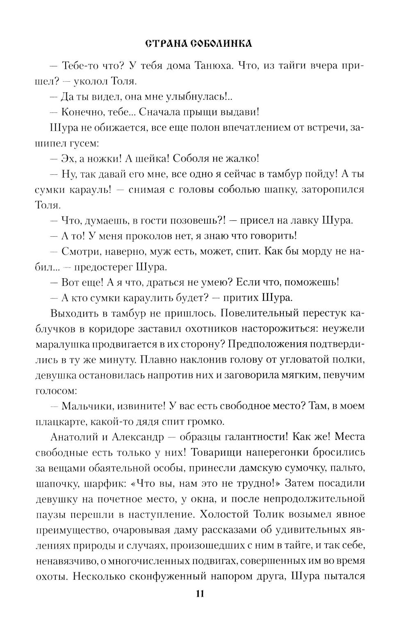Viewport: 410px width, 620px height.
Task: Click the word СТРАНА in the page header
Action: (x=163, y=43)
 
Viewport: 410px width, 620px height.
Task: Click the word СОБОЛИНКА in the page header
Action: (x=221, y=43)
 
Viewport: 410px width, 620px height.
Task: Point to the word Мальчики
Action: (x=86, y=406)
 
